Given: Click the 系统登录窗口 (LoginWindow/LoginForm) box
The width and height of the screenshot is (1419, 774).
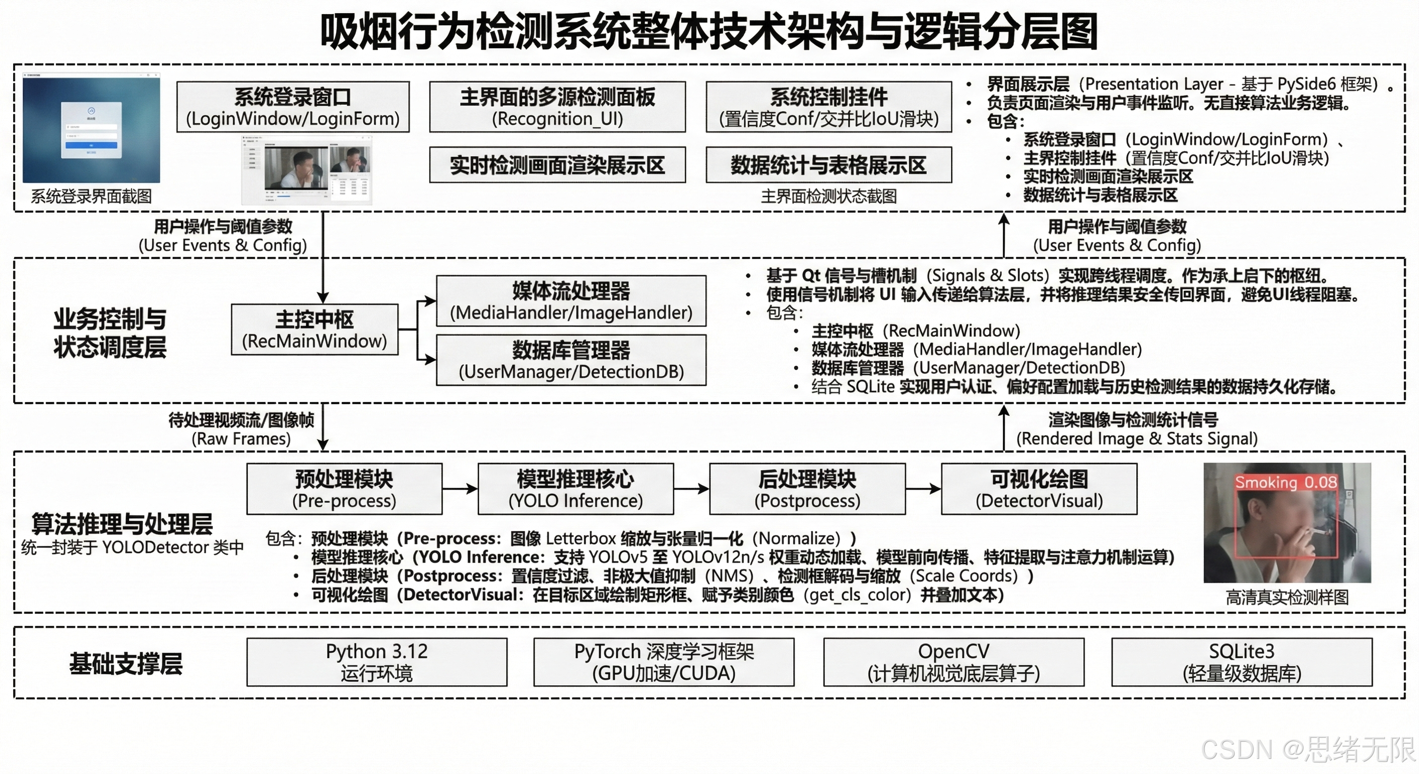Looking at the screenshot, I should [x=292, y=107].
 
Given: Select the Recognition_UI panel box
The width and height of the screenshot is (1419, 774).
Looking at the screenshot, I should [x=557, y=107].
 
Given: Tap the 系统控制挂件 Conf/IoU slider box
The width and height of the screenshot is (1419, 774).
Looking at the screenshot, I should [x=828, y=107].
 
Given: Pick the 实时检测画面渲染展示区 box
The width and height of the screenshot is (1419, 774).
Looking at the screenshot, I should [x=557, y=165].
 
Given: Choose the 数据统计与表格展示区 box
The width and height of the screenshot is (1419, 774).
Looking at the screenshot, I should [x=828, y=165].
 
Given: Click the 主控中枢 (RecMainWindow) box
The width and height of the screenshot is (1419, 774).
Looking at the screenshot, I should [x=314, y=330].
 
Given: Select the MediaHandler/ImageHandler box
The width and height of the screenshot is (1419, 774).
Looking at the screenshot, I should [x=571, y=301].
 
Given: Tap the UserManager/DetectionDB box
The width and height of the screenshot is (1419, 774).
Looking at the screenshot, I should [x=571, y=360].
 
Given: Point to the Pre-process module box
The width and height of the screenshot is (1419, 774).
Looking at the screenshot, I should [x=344, y=489].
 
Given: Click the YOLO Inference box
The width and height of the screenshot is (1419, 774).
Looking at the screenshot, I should [x=575, y=489].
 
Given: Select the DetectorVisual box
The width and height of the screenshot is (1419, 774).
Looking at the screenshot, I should [x=1039, y=489].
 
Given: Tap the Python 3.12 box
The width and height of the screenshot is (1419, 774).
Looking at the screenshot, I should [x=376, y=662].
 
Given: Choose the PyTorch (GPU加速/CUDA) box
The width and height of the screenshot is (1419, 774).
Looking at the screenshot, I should [x=663, y=662].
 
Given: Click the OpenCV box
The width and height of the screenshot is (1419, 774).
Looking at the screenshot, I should [x=953, y=662].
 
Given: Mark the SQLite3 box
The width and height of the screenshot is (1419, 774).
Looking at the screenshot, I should [x=1242, y=662].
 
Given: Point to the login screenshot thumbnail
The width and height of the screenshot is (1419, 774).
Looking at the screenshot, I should [x=91, y=129].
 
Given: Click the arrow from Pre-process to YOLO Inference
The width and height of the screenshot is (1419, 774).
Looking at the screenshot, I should [x=460, y=489].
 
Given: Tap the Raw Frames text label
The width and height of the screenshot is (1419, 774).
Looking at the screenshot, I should [x=241, y=438].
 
